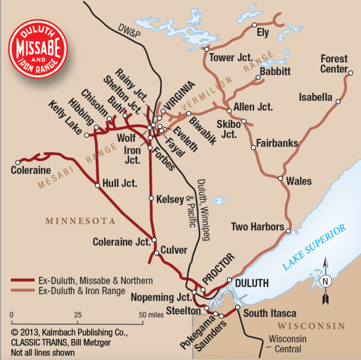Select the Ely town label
click(262, 33)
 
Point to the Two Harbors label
click(257, 227)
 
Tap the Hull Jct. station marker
click(97, 186)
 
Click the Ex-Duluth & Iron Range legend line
click(22, 291)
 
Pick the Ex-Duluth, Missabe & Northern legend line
click(22, 281)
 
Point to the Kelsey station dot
click(151, 198)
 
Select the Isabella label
click(315, 98)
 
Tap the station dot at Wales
click(280, 179)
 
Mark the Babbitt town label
click(275, 71)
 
